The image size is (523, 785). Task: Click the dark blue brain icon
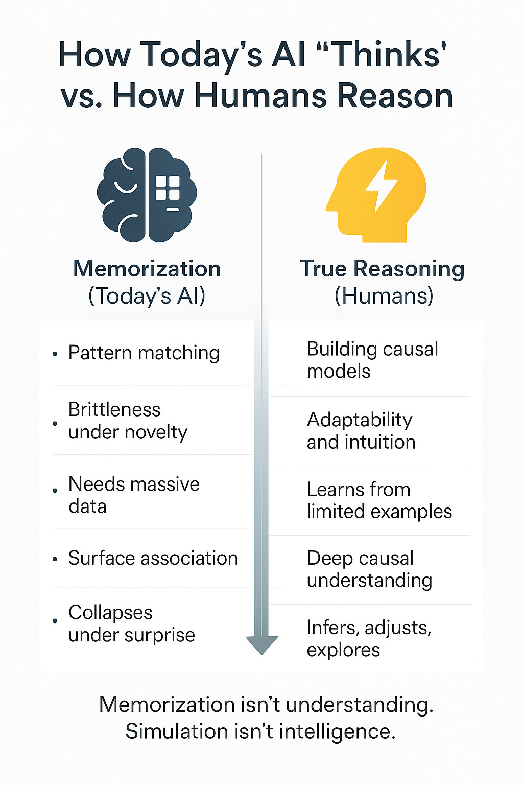147,195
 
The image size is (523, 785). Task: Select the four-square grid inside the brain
168,188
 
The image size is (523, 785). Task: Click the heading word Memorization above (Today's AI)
147,269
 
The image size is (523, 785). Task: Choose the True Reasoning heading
382,269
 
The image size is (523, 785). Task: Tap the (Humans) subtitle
384,295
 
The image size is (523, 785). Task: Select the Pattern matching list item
144,353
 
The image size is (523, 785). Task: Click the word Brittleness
114,409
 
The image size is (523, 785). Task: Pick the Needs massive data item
134,495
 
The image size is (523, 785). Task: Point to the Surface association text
153,558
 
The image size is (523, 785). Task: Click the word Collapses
110,612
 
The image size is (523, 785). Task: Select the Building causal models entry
372,360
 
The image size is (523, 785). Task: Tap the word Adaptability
360,420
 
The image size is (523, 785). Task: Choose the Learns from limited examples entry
379,500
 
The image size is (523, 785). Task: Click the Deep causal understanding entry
369,569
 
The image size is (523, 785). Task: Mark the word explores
343,650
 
